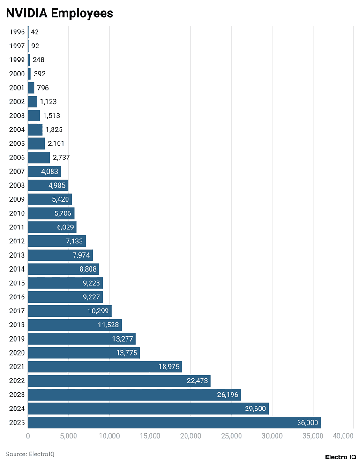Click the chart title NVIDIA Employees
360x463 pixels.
60,13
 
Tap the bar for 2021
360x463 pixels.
105,367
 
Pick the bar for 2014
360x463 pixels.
63,269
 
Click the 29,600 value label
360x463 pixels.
255,409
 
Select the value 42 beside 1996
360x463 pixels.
35,32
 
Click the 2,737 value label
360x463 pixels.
61,158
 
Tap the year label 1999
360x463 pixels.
17,60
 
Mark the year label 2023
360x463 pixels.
17,395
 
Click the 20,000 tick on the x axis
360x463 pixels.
191,436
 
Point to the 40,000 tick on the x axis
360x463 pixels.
343,436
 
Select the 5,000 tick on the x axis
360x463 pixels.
68,436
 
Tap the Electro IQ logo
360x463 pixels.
340,457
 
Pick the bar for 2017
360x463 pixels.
69,311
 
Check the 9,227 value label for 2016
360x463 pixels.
90,297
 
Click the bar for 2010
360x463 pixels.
51,213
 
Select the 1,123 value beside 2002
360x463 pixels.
48,102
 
